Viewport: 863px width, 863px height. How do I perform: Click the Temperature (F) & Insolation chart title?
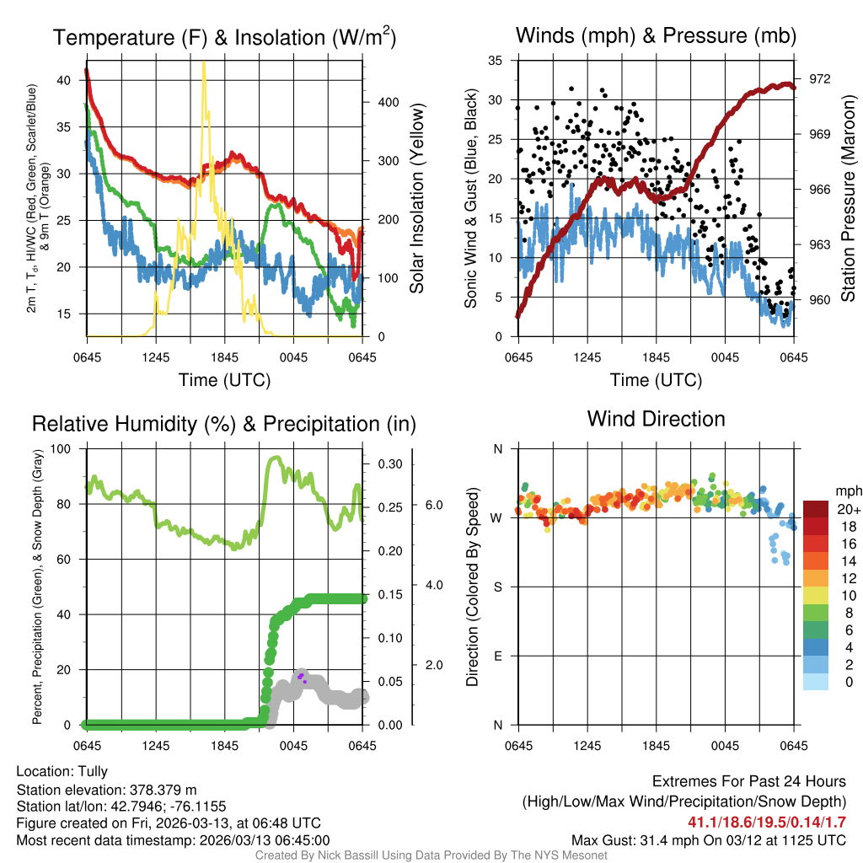coord(224,37)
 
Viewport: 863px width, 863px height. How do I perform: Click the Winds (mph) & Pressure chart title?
coord(656,35)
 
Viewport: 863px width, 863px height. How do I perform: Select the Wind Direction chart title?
coord(656,419)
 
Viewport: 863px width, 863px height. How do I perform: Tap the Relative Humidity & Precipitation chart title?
coord(223,424)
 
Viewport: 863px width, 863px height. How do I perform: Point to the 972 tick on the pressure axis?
coord(819,78)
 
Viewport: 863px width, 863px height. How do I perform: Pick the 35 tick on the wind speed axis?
coord(496,61)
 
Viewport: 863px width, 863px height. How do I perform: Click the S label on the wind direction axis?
coord(498,587)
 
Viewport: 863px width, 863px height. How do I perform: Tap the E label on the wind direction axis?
coord(498,656)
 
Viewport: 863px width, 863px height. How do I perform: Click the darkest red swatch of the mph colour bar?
coord(816,509)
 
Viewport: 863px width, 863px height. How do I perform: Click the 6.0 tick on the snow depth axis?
coord(432,505)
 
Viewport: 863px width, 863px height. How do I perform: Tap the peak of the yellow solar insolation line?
coord(203,63)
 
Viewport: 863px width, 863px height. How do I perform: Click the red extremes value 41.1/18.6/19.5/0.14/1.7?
coord(768,823)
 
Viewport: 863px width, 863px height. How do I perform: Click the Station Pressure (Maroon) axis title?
coord(848,198)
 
